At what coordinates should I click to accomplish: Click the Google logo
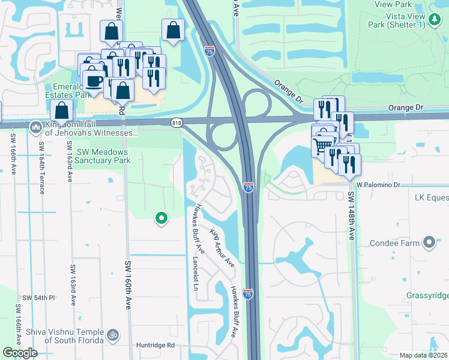click(x=20, y=353)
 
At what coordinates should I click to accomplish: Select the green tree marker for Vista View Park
click(x=434, y=20)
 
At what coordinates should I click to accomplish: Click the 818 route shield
click(x=176, y=123)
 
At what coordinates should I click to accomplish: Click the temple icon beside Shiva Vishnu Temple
click(x=112, y=333)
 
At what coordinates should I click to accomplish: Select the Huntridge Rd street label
click(x=154, y=345)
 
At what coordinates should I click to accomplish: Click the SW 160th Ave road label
click(x=128, y=286)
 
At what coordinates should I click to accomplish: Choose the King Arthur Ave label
click(x=221, y=248)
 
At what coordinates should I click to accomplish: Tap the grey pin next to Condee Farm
click(x=429, y=242)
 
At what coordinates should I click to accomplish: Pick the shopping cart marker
click(x=322, y=144)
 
